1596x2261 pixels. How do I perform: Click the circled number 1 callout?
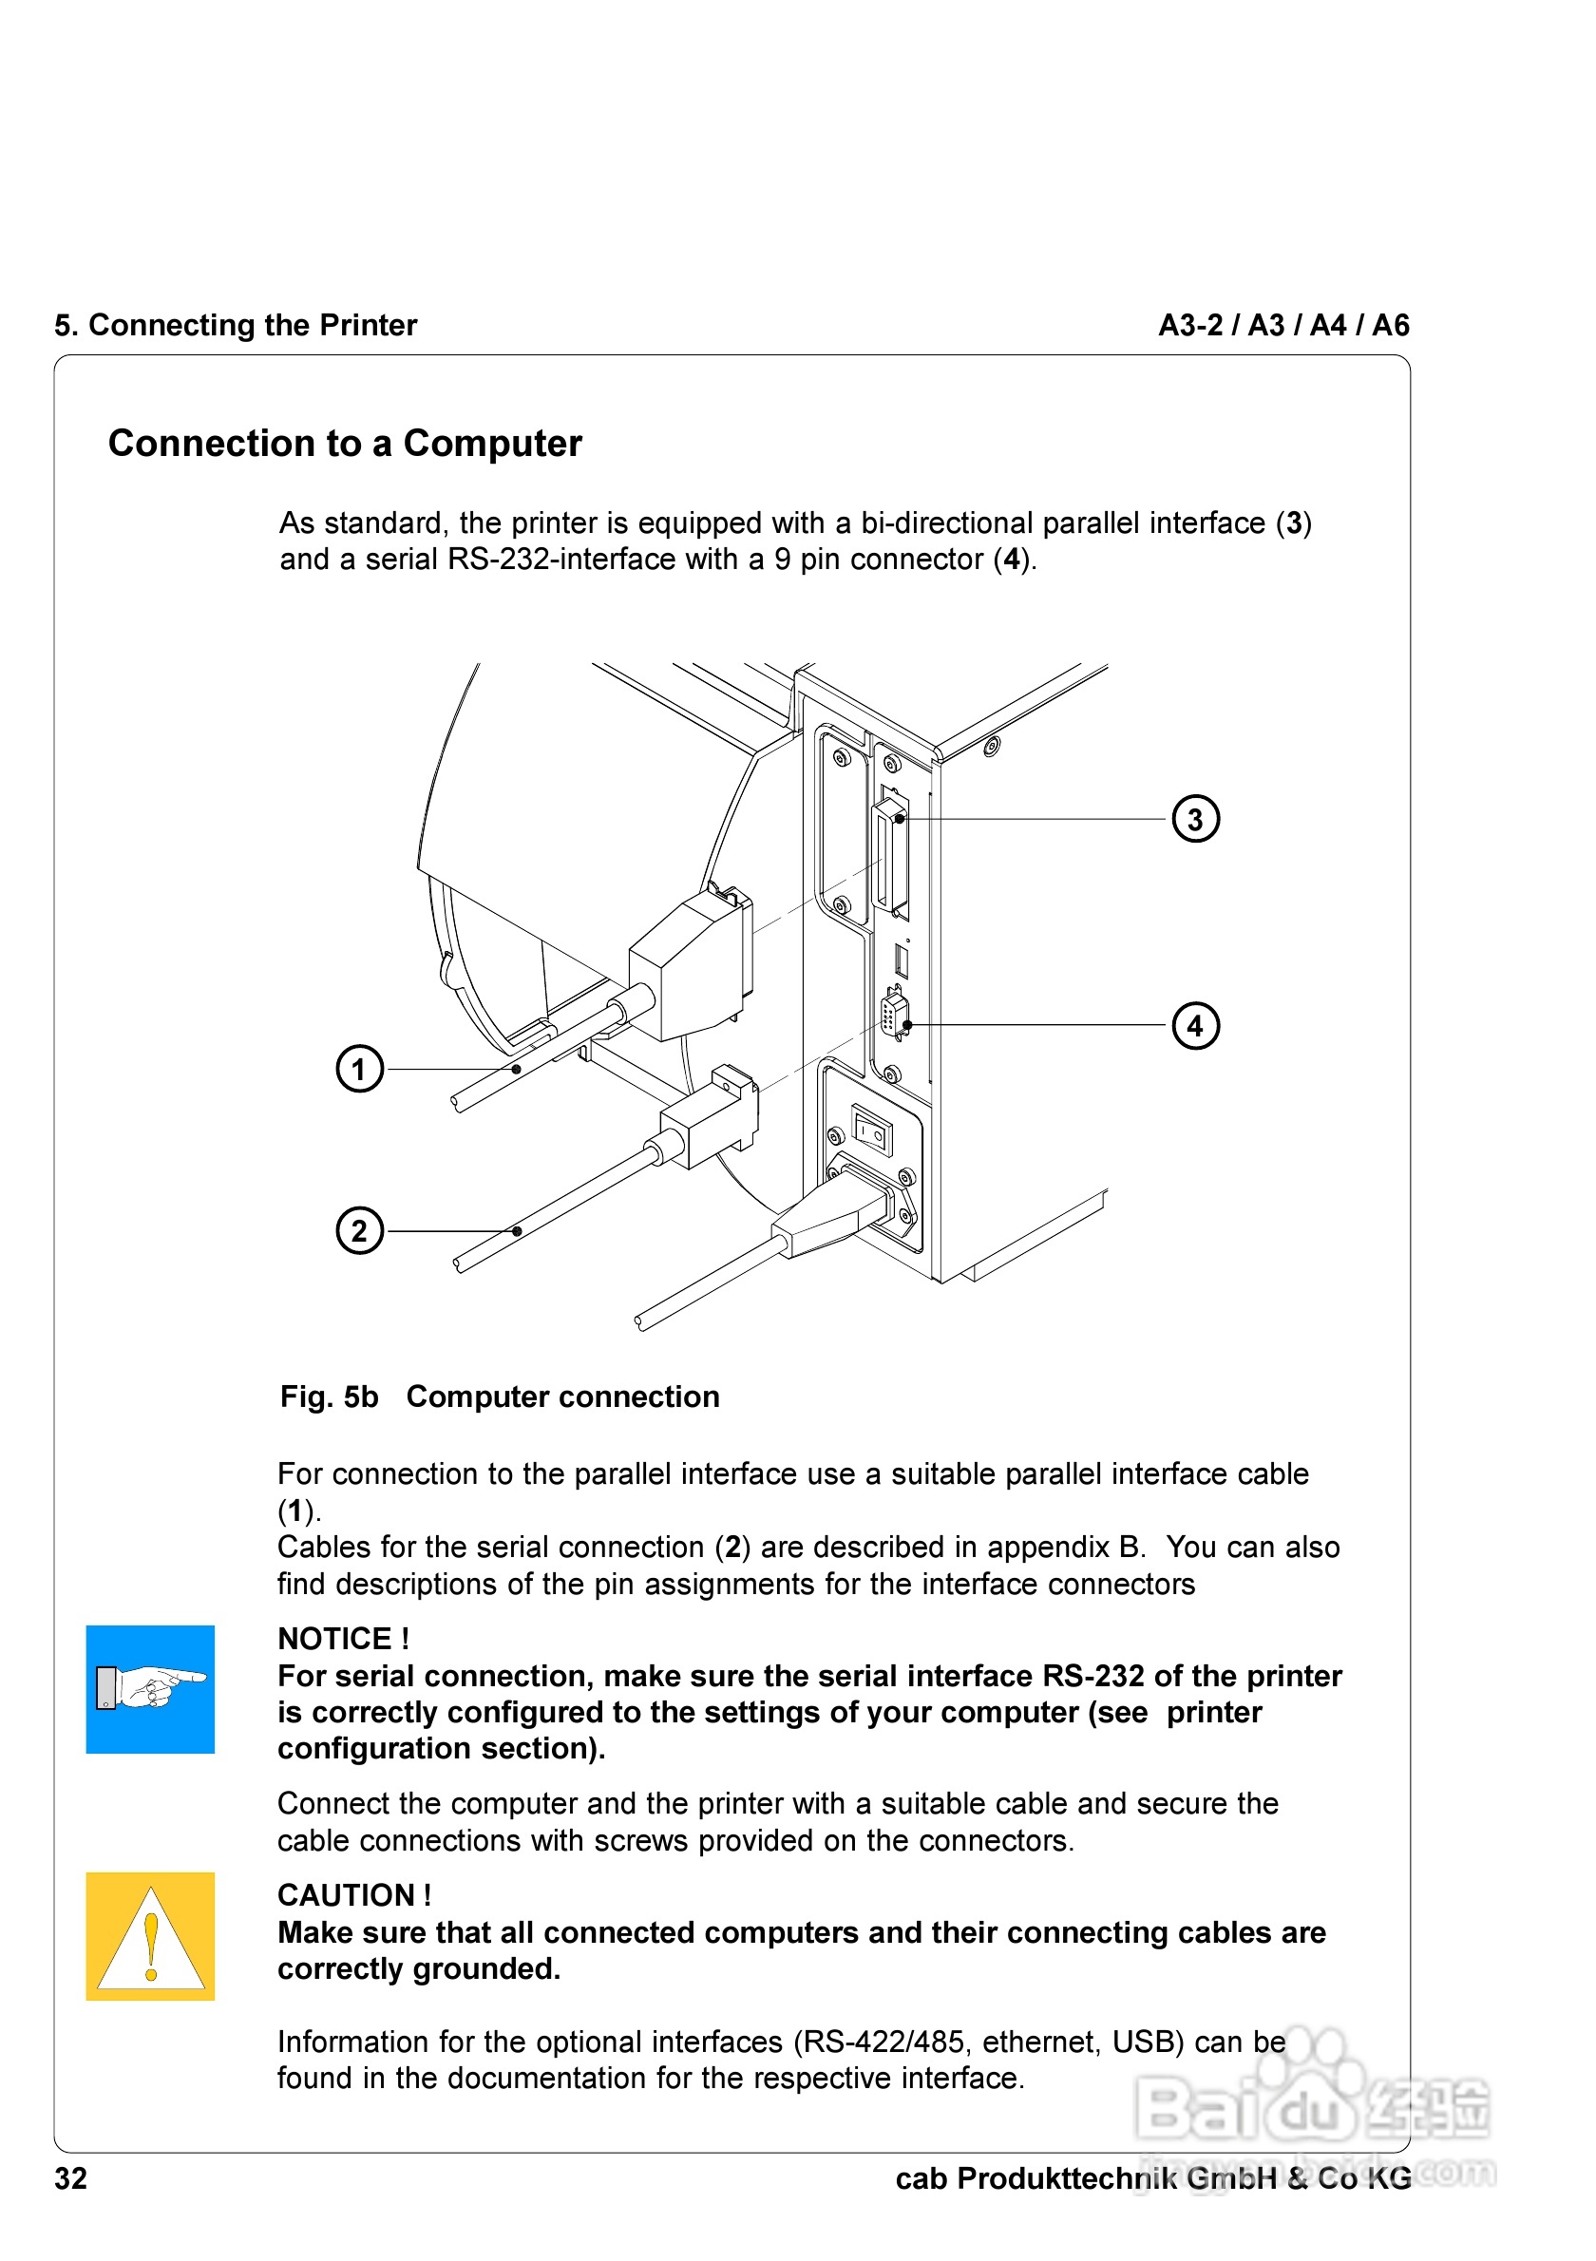pos(359,1069)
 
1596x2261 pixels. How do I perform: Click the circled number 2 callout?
pos(359,1230)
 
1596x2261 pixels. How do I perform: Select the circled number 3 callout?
pos(1194,818)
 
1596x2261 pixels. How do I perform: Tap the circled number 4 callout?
pos(1194,1025)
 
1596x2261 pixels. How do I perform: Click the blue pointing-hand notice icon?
pos(150,1689)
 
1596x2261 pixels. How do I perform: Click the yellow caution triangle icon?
pos(150,1936)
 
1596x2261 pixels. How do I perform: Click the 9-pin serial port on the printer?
pos(893,1015)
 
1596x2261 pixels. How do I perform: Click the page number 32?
pos(71,2178)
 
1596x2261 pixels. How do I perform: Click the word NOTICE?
pos(334,1639)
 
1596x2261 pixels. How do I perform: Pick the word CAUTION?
pos(347,1894)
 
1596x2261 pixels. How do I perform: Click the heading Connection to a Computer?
pos(345,443)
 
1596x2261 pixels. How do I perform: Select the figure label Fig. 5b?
pos(329,1396)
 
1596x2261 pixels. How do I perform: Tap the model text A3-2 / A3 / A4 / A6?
pos(1282,325)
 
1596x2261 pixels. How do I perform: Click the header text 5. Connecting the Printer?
pos(236,325)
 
